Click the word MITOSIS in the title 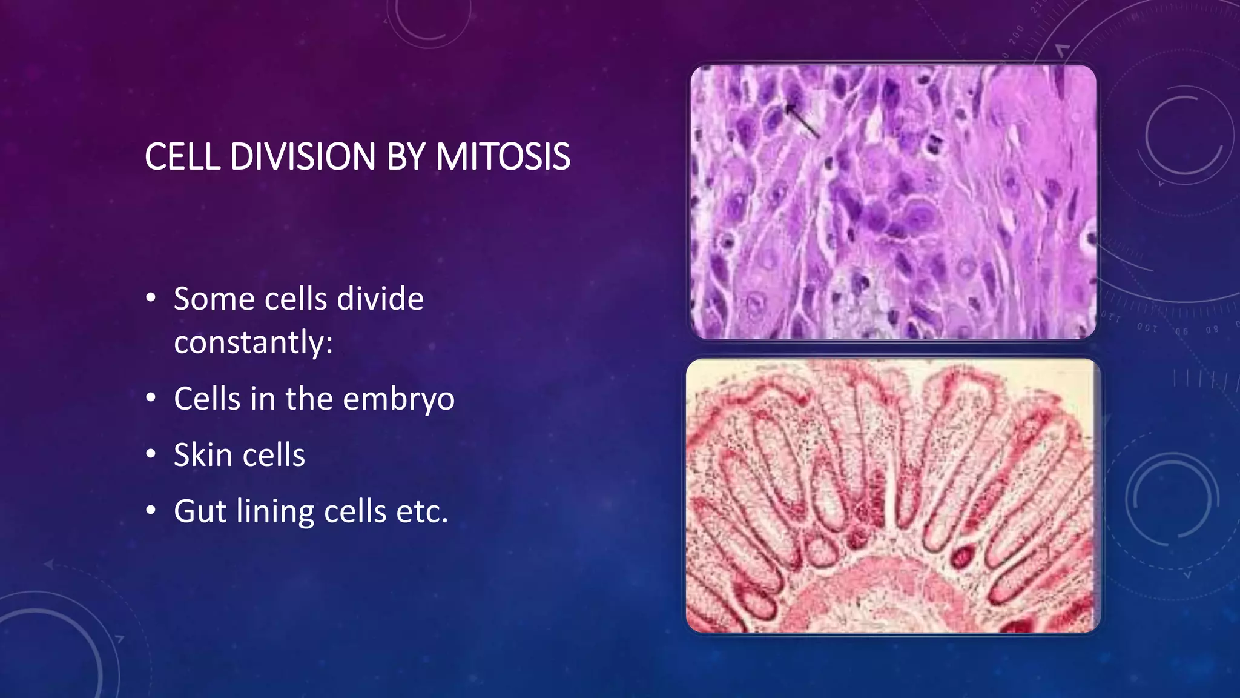click(x=503, y=157)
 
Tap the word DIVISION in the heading click(x=303, y=157)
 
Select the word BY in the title click(x=405, y=157)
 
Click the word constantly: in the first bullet click(x=253, y=342)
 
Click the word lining click(x=275, y=511)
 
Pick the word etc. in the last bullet click(x=422, y=511)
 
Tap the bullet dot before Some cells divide click(x=151, y=298)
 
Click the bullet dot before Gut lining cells click(x=151, y=510)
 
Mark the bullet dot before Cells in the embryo click(x=151, y=398)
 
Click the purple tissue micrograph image click(x=893, y=202)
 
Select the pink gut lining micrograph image click(x=892, y=495)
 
